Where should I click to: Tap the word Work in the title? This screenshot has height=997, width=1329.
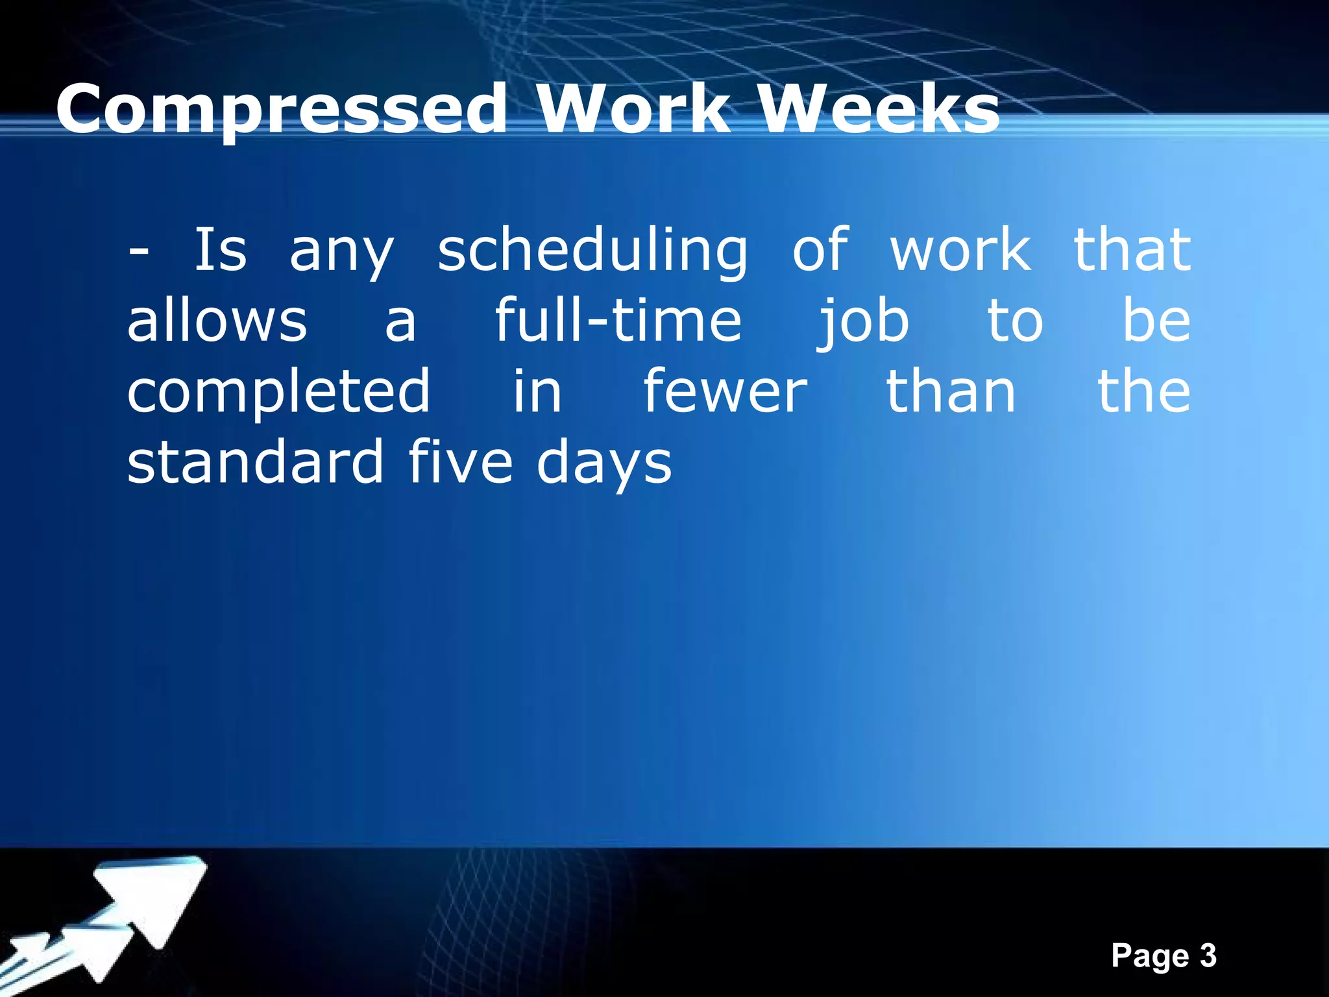pos(642,109)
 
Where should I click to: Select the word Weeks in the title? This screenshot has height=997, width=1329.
pos(880,109)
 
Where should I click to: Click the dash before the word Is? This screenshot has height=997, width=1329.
pos(138,251)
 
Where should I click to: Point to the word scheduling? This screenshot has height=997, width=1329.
pos(592,252)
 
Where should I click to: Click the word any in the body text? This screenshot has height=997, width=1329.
pos(341,253)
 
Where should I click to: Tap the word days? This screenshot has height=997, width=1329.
pos(604,465)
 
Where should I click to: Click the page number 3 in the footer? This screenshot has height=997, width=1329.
pos(1208,956)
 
